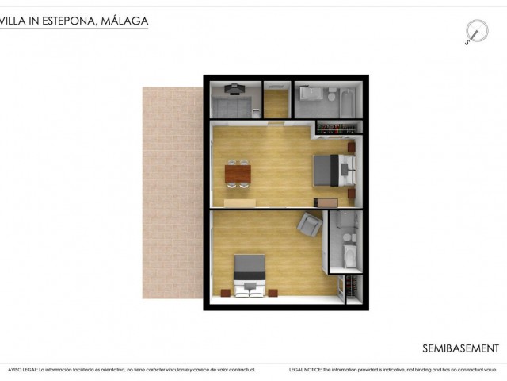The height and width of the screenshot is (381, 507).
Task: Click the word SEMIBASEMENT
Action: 460,348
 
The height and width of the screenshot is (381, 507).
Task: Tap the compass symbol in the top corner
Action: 475,33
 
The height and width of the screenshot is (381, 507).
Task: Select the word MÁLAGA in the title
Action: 124,21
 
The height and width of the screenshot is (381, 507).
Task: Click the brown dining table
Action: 237,172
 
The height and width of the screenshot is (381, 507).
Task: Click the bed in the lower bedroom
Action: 249,274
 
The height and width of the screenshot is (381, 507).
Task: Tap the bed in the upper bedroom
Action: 334,167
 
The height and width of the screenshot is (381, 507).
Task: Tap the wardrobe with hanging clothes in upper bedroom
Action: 339,126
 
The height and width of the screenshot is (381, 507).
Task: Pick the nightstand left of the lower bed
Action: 225,293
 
